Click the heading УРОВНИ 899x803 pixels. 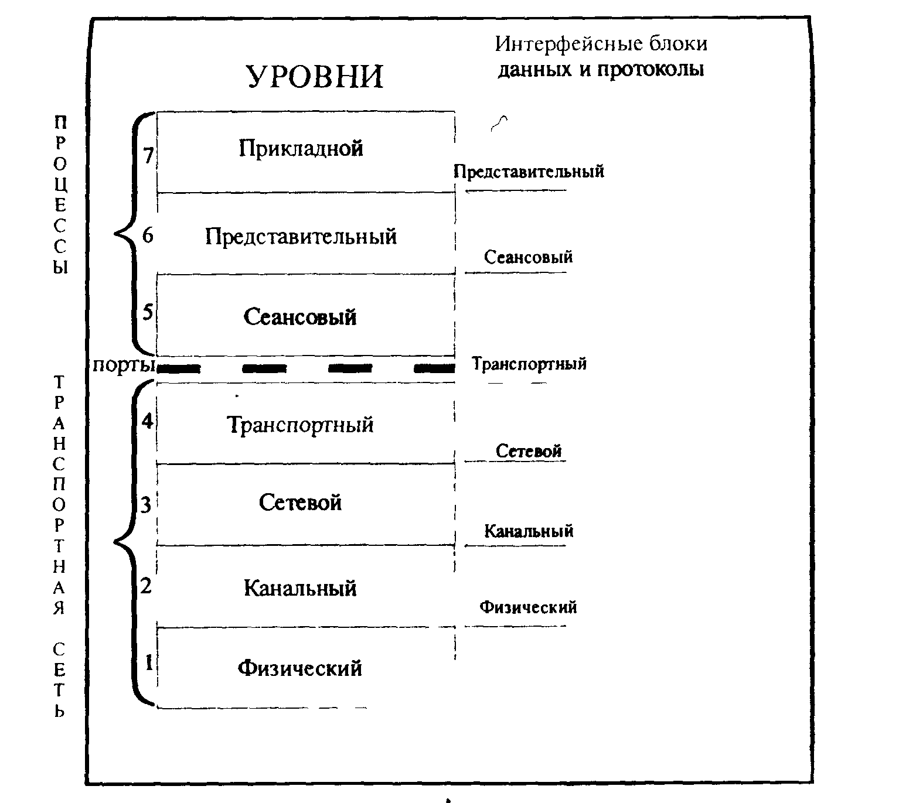click(315, 76)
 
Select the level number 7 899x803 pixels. click(148, 156)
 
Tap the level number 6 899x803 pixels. click(147, 235)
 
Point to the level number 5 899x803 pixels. click(148, 312)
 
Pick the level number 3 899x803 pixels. click(145, 504)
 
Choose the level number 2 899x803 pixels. click(146, 585)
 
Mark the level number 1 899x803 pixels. click(149, 663)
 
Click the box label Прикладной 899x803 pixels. click(301, 149)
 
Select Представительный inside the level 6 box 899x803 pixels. click(301, 237)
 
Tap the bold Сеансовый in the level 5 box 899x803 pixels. click(300, 317)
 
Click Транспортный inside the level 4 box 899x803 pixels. click(300, 425)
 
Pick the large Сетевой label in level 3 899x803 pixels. click(300, 503)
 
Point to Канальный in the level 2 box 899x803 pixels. click(300, 588)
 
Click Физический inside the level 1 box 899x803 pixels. click(299, 668)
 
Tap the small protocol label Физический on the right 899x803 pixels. click(528, 607)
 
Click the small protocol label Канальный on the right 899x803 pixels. click(529, 531)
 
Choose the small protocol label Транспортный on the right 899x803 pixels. click(529, 364)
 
